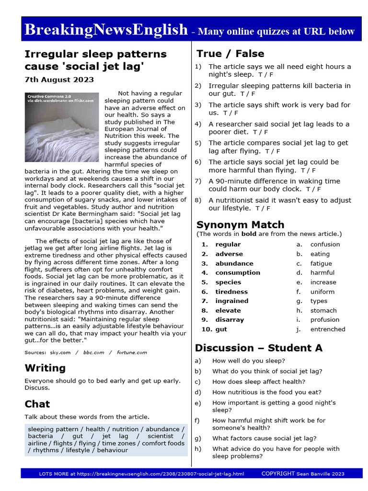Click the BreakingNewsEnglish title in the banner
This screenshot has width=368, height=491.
tap(106, 30)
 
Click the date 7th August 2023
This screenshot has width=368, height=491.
tap(59, 80)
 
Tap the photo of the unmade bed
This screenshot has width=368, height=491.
tap(61, 127)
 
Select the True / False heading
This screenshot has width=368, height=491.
tap(230, 54)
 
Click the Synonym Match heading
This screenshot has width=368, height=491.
tap(240, 224)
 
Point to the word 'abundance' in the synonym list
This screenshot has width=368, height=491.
tap(234, 263)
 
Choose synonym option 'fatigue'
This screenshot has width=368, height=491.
tap(321, 263)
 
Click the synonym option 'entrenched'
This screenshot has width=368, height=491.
tap(328, 329)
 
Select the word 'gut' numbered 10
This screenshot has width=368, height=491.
tap(221, 329)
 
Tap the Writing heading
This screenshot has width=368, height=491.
tap(45, 368)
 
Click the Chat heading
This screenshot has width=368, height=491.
tap(37, 404)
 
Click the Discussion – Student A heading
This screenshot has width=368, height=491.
tap(259, 348)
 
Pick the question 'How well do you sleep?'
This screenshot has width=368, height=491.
tap(248, 361)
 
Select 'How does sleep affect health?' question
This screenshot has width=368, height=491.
tap(258, 382)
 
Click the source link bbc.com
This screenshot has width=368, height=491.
tap(93, 352)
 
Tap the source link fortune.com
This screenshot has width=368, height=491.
tap(132, 352)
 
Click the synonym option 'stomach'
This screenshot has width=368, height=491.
tap(323, 310)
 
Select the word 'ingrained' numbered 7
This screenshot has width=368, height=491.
tap(231, 301)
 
